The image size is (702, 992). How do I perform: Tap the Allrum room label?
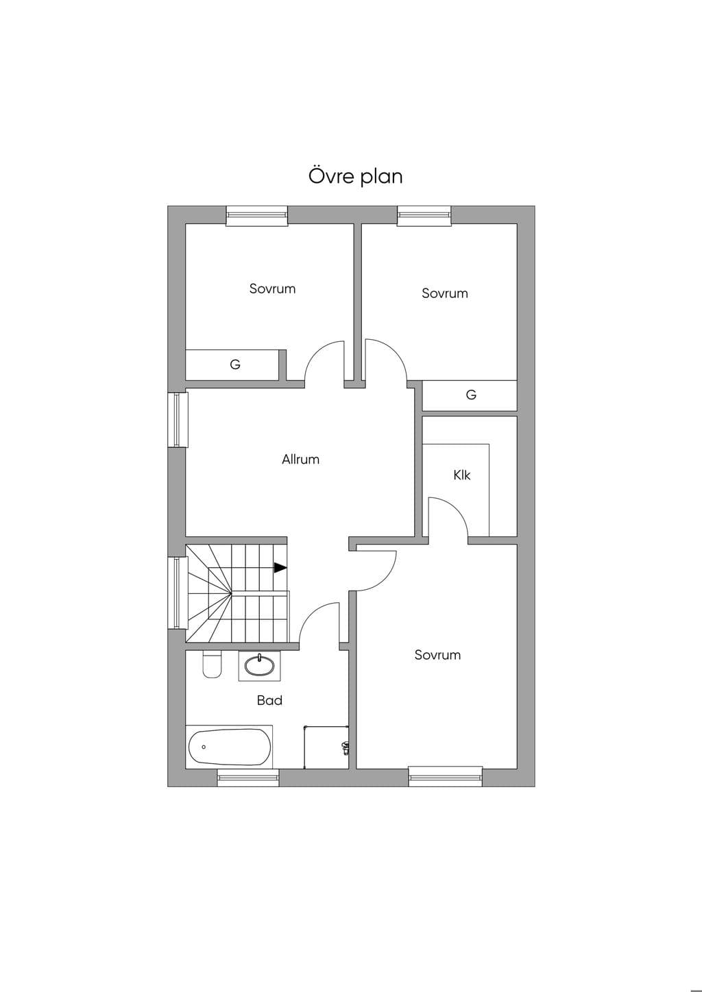click(300, 459)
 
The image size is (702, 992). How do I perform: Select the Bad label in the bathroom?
click(269, 700)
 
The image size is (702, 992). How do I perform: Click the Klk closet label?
click(462, 475)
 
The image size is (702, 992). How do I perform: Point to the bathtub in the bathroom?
click(230, 747)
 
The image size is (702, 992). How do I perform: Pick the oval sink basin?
click(259, 666)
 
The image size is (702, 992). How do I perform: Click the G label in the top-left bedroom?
click(235, 364)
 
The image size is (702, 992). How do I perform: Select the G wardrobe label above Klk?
click(471, 395)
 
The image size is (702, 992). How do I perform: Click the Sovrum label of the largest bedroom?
click(437, 655)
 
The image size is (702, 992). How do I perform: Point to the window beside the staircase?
click(178, 593)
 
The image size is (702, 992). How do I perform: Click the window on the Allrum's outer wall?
click(178, 420)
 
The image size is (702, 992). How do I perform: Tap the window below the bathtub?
click(248, 778)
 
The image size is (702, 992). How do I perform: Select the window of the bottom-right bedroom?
click(446, 778)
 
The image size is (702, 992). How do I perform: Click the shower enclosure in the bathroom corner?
click(326, 747)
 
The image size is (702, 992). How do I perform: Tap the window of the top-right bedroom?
click(424, 216)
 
